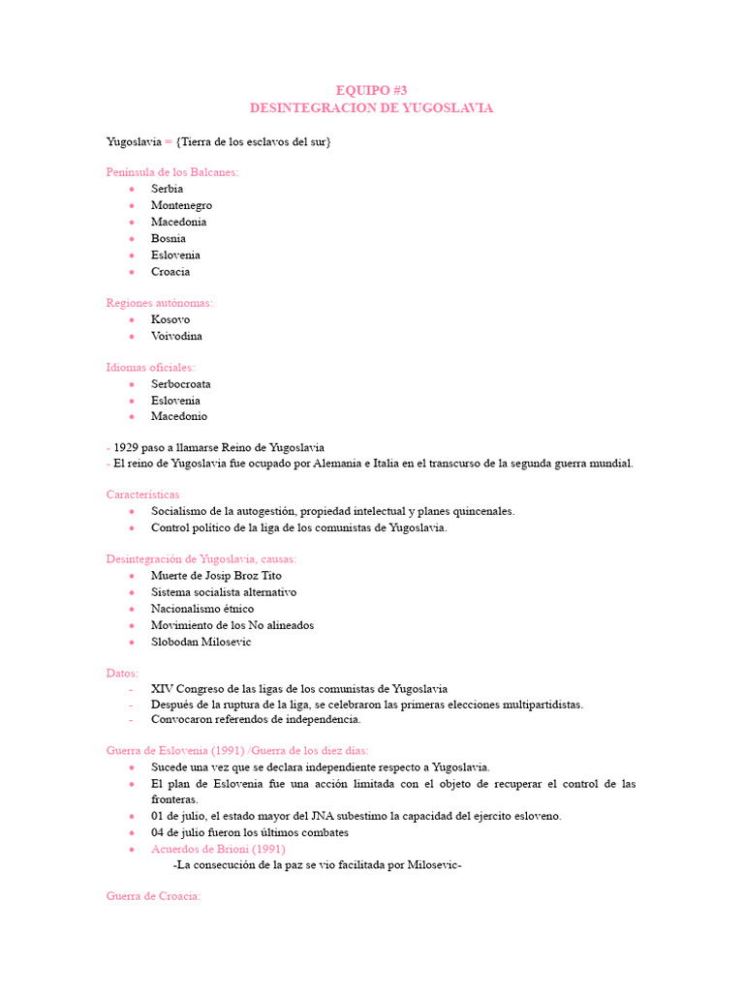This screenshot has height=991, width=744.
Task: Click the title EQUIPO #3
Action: click(371, 90)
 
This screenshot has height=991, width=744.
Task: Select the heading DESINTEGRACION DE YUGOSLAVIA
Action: click(371, 107)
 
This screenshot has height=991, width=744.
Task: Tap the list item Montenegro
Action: click(181, 205)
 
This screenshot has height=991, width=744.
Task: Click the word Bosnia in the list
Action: click(169, 238)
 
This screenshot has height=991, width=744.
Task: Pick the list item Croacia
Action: click(170, 271)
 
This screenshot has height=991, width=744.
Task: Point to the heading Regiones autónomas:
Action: click(159, 303)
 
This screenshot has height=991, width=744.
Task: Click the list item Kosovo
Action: click(170, 319)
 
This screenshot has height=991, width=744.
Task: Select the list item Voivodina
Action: click(176, 336)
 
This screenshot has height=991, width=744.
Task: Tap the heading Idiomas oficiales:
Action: click(150, 367)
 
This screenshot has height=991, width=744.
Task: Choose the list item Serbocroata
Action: click(180, 383)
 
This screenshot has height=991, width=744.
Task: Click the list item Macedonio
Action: click(179, 416)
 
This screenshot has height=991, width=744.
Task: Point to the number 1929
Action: click(126, 447)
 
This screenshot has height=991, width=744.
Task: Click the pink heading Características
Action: click(142, 495)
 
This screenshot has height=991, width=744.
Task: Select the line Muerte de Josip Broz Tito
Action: click(216, 575)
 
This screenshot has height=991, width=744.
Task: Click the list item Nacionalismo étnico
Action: click(202, 608)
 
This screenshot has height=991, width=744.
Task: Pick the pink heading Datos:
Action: click(122, 673)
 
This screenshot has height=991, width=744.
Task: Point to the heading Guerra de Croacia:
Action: click(153, 896)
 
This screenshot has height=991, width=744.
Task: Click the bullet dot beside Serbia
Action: click(131, 189)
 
